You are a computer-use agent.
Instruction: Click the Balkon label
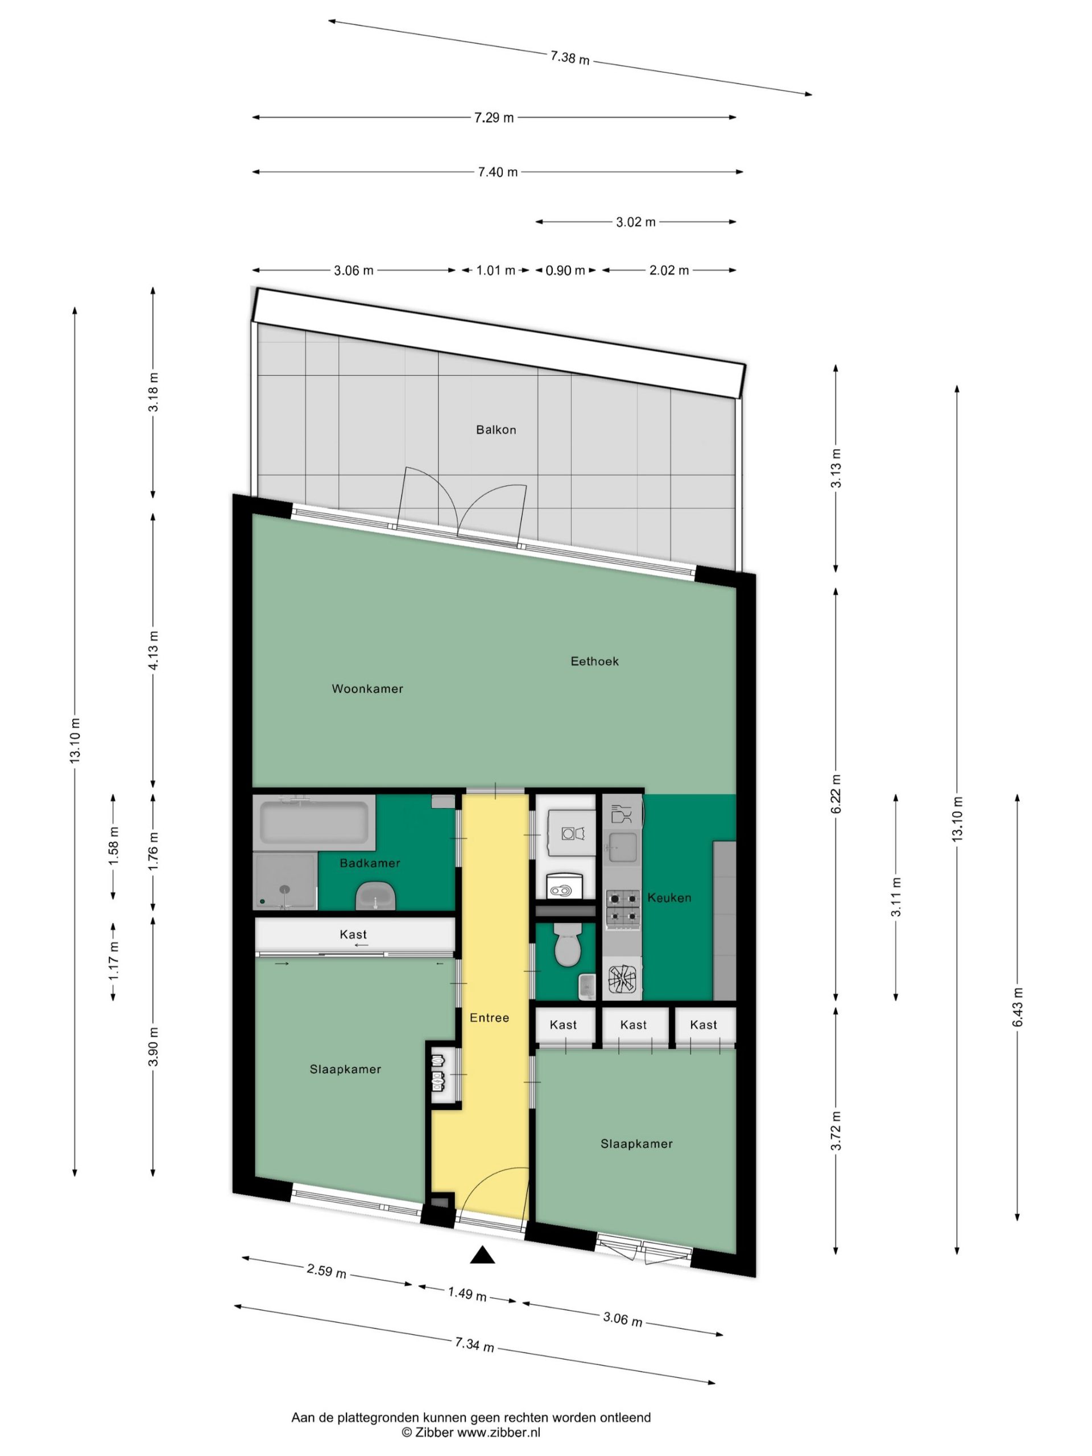tap(495, 430)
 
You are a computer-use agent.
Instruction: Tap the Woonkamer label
tap(367, 689)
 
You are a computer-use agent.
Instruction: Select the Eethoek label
tap(594, 661)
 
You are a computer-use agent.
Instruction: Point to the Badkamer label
tap(369, 863)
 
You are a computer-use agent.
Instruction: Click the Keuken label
tap(669, 897)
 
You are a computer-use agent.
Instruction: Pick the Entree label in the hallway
tap(489, 1017)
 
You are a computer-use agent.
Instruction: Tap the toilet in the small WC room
tap(565, 946)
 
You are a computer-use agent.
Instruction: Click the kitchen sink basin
tap(622, 847)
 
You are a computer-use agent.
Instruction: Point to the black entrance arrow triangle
tap(482, 1256)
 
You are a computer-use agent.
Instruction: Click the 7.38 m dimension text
tap(569, 58)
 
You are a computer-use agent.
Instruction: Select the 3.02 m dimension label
tap(635, 222)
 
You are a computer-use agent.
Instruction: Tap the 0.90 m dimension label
tap(565, 270)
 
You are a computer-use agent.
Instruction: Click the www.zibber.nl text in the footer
tap(498, 1432)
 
